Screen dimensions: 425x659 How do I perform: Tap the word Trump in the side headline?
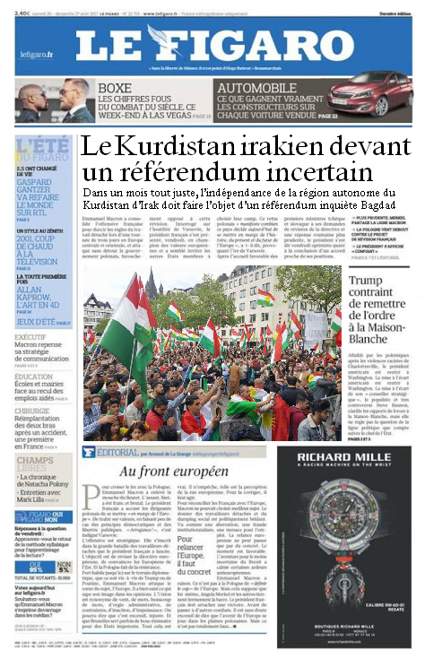[369, 284]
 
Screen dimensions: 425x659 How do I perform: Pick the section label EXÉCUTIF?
[37, 337]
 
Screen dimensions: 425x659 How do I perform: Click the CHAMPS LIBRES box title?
[41, 466]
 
